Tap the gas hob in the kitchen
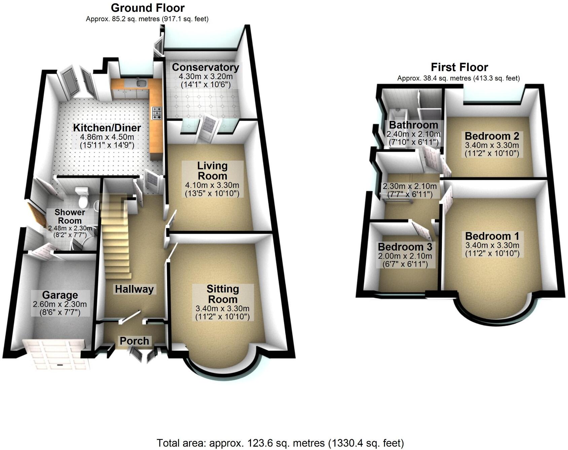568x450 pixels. pos(157,113)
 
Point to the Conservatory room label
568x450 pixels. pos(205,67)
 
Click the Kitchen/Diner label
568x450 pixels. pos(107,128)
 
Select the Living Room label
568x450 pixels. pos(212,170)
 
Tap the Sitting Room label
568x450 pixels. pos(222,294)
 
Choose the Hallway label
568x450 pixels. pos(134,289)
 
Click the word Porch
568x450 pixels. pos(134,341)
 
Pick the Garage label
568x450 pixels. pos(60,295)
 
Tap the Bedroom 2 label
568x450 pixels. pos(492,136)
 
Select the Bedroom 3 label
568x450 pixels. pos(405,247)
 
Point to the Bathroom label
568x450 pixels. pos(414,125)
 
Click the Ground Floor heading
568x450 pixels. pos(148,8)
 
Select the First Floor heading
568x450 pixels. pos(459,67)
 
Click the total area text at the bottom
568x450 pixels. pos(280,443)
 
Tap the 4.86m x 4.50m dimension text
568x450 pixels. pos(107,137)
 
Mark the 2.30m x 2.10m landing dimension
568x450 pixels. pos(410,186)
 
